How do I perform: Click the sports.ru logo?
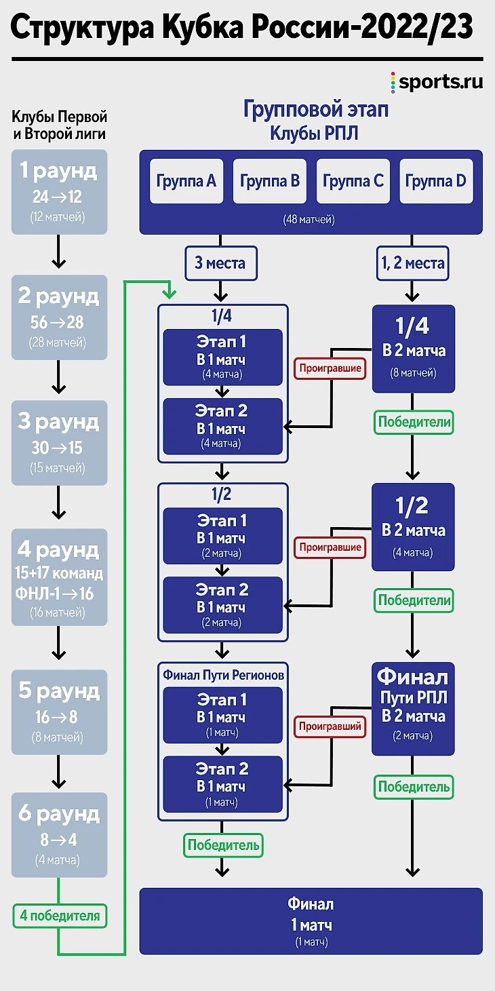437,83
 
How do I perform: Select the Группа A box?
186,181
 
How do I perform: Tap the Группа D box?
436,181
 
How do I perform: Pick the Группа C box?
353,181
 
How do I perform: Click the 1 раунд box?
59,192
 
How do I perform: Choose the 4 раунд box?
59,577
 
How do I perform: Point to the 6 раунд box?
59,834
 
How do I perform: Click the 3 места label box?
220,263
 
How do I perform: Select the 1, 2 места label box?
412,263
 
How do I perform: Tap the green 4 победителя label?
60,916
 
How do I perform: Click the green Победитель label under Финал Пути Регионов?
223,845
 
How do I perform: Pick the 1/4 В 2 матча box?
413,349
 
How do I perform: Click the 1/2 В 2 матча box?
413,527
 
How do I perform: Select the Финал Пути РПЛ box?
413,709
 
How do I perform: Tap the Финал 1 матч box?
311,921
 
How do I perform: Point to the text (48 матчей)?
310,220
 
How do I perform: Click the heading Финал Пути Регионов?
223,675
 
